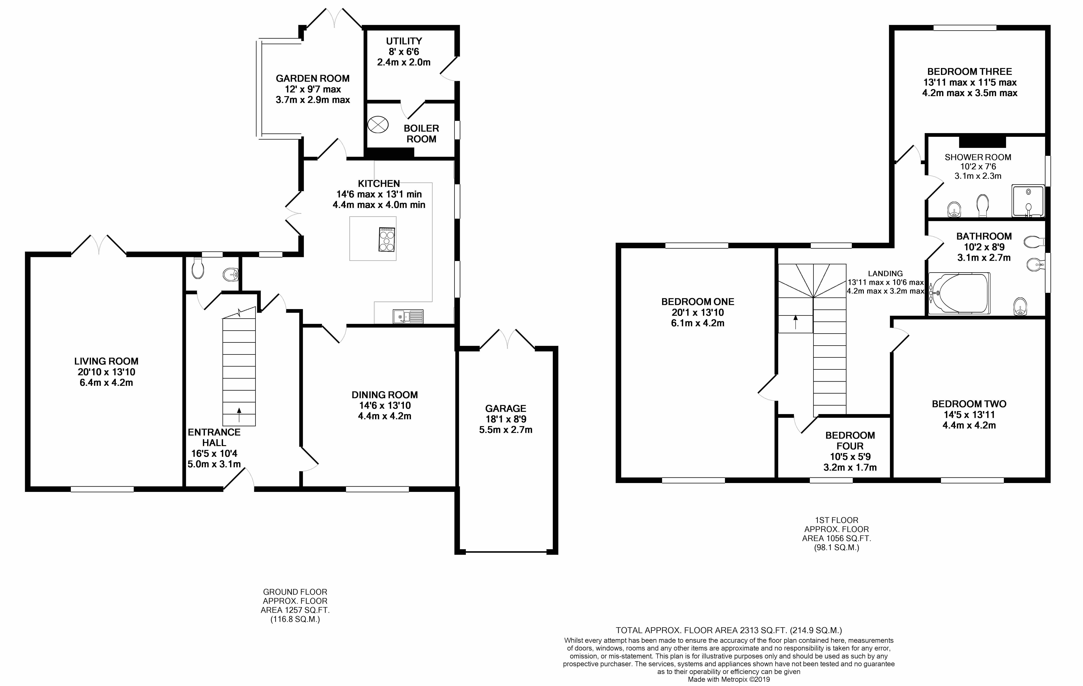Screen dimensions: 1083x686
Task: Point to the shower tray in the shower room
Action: [1028, 201]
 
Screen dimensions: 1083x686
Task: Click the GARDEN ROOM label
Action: [313, 78]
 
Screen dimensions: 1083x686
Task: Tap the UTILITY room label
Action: [404, 41]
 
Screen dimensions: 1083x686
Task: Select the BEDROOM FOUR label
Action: [850, 441]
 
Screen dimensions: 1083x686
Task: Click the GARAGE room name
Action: [505, 408]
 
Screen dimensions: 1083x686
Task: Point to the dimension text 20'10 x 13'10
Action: [106, 372]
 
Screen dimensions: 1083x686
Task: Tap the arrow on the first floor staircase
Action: [796, 322]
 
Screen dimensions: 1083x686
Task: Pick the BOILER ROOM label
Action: [421, 133]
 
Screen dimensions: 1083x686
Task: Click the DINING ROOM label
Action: [384, 395]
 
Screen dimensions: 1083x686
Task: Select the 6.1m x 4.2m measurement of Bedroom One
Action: [698, 323]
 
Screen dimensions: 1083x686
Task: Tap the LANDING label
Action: [885, 273]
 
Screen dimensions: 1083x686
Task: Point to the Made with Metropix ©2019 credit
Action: [729, 679]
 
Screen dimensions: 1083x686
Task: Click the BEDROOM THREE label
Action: [970, 72]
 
